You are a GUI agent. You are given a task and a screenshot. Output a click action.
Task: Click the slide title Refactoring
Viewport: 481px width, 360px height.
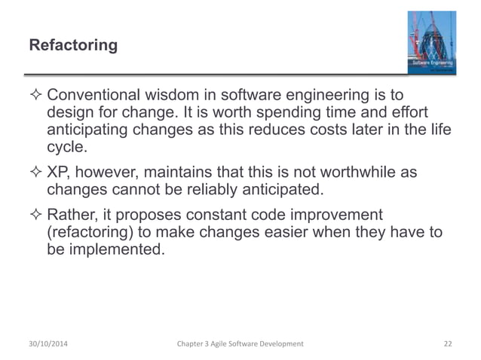tap(73, 46)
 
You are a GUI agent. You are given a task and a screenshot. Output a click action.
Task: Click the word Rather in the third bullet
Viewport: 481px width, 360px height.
tap(72, 215)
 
